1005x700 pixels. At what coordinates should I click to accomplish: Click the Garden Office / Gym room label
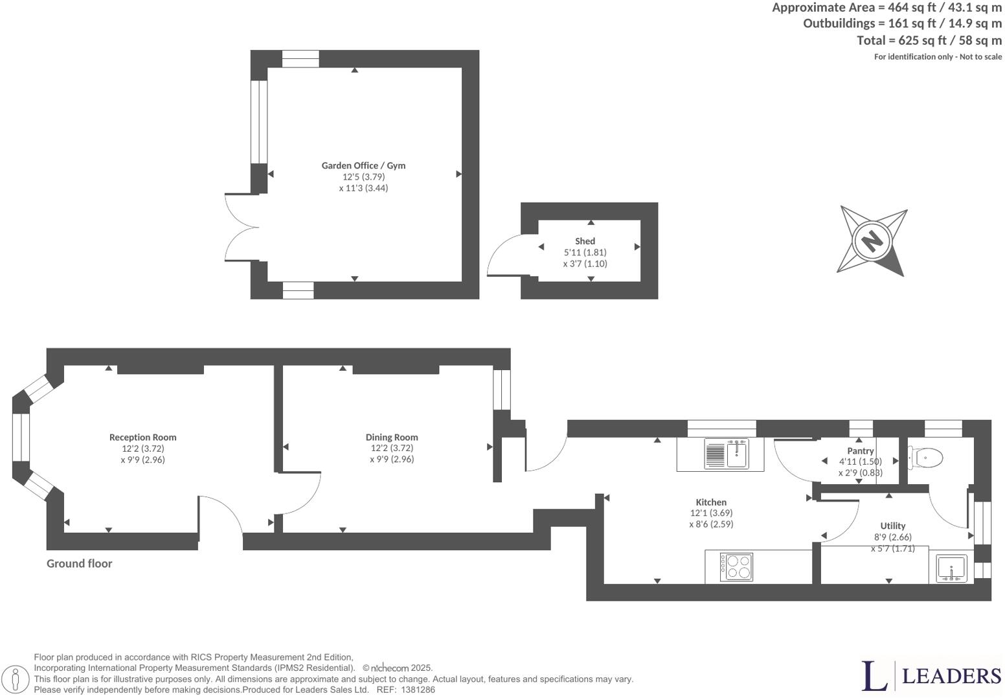click(363, 165)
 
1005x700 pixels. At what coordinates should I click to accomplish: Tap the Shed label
click(585, 241)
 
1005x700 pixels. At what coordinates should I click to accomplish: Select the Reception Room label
click(142, 437)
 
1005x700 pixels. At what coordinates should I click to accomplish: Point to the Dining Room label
click(392, 437)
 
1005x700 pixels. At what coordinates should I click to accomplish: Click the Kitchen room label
click(711, 502)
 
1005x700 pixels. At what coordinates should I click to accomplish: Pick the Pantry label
click(860, 451)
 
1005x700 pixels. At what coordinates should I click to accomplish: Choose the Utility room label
click(892, 526)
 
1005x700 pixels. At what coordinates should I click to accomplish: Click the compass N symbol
click(872, 240)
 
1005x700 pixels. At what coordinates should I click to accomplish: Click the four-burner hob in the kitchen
click(737, 566)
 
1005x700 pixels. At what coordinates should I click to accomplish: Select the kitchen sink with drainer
click(726, 453)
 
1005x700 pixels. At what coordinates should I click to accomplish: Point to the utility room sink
click(951, 568)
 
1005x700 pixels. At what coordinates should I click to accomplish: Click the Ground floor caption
click(79, 564)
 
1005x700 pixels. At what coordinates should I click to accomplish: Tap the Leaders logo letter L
click(874, 676)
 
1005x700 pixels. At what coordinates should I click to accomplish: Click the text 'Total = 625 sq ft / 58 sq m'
click(929, 40)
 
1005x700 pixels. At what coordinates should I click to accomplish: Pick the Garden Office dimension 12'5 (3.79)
click(363, 177)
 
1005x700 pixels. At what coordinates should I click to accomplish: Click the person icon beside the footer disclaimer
click(19, 680)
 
